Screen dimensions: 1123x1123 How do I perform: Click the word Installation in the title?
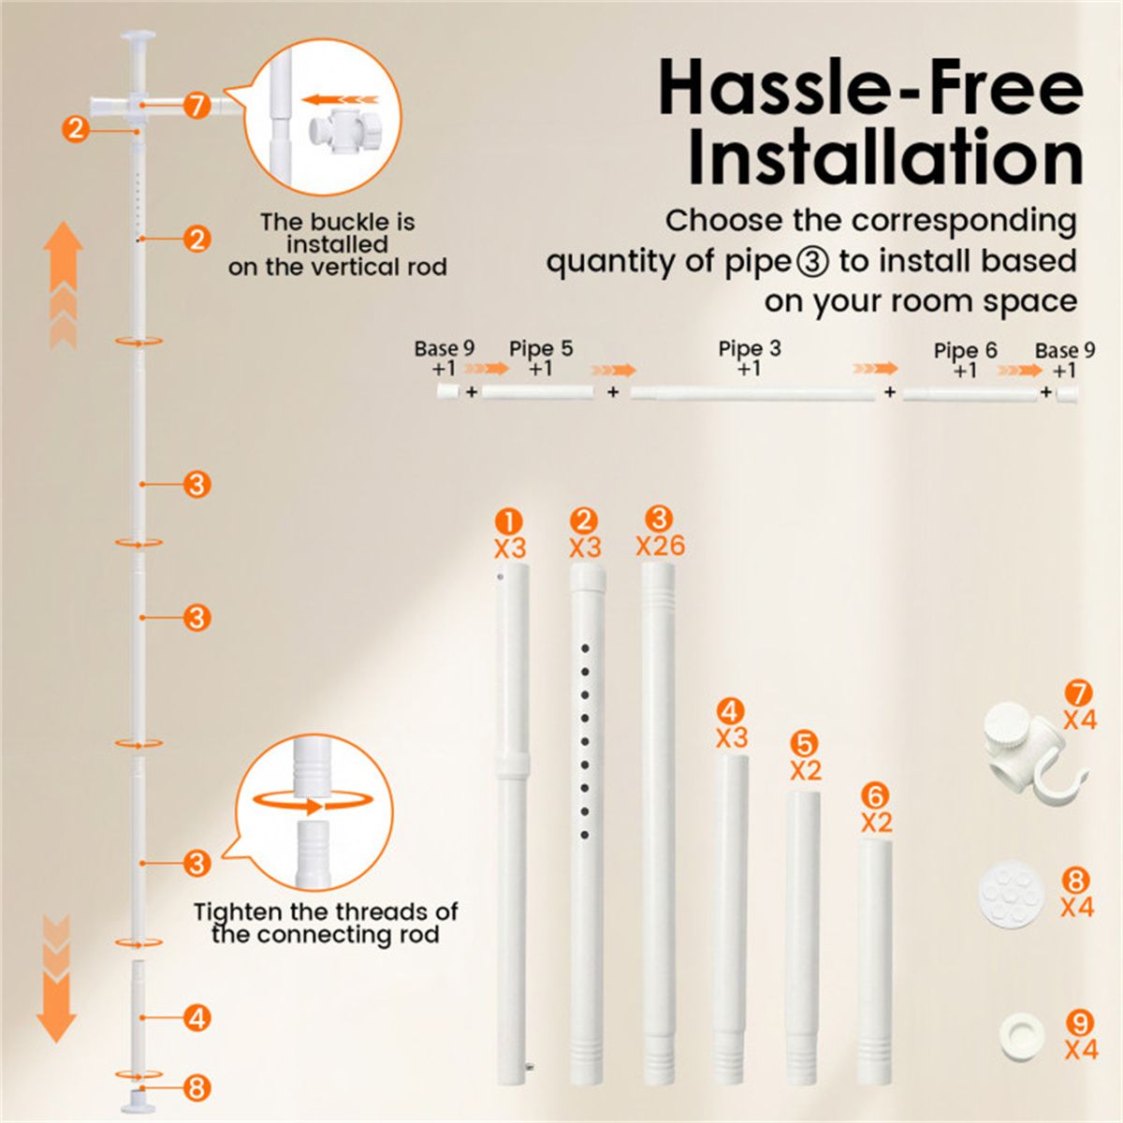885,158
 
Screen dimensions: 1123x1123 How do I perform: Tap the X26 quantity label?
661,546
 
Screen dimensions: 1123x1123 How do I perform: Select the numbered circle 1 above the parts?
509,522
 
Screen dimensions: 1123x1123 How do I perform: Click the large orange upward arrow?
63,285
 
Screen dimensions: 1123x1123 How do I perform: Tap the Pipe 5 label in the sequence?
541,348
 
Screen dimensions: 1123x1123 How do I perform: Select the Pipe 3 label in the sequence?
750,348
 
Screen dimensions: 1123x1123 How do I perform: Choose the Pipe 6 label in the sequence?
965,351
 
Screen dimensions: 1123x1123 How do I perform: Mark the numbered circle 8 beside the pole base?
197,1087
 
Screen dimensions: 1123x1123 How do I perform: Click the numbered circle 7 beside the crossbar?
197,106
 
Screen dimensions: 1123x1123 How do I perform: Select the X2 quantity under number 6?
877,823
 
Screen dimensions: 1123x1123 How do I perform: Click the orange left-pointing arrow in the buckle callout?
341,99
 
